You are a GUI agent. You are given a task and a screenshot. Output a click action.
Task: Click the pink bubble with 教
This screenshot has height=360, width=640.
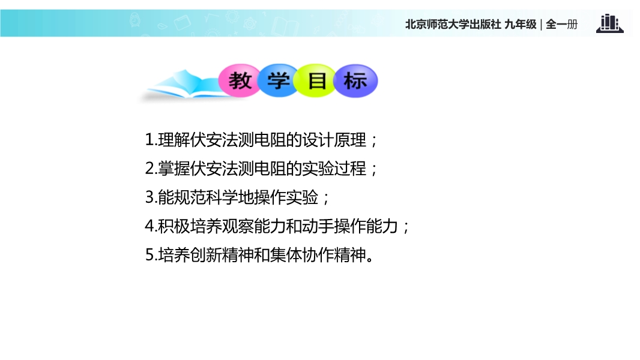point(240,80)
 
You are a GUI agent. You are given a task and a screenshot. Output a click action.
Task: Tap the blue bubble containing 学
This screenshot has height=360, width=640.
point(279,80)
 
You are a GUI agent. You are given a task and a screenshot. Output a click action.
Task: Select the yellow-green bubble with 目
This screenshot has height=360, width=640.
point(316,80)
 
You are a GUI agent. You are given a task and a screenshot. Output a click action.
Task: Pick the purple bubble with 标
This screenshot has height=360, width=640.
point(355,80)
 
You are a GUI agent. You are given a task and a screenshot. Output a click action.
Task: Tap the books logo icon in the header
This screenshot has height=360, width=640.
point(610,23)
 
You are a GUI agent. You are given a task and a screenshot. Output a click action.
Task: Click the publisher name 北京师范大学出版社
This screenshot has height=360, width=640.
point(453,25)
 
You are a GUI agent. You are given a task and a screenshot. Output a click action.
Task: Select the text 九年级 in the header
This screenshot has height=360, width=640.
point(521,25)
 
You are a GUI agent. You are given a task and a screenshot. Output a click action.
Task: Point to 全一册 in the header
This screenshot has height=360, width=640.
point(561,25)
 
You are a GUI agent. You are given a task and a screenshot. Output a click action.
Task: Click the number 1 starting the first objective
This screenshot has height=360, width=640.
point(149,140)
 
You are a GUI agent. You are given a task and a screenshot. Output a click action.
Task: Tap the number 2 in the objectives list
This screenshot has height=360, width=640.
point(149,169)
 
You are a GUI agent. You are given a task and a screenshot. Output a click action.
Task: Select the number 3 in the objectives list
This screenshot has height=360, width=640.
point(149,197)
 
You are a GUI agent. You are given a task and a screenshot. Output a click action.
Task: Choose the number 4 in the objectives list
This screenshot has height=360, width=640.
point(149,226)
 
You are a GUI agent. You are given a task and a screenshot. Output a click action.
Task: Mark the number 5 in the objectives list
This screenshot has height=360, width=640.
point(149,255)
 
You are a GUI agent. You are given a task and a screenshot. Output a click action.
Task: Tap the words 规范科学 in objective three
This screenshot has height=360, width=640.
point(206,197)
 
